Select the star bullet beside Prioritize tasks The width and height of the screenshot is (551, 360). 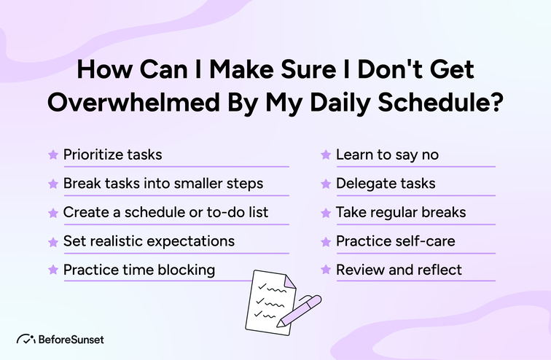pyautogui.click(x=52, y=154)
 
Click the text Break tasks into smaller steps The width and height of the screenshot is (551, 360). pyautogui.click(x=163, y=183)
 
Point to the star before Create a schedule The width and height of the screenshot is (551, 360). pyautogui.click(x=52, y=213)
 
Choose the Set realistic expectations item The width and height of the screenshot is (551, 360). pyautogui.click(x=149, y=240)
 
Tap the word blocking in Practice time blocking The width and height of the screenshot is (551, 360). pyautogui.click(x=185, y=270)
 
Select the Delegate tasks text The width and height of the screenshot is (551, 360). pyautogui.click(x=386, y=183)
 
